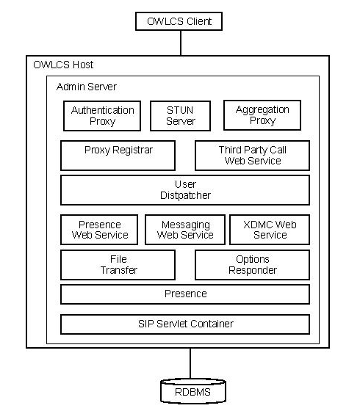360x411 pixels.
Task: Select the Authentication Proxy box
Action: point(103,116)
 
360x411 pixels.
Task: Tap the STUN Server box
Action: point(181,116)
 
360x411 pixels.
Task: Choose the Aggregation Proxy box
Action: point(262,116)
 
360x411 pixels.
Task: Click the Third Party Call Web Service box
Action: point(252,156)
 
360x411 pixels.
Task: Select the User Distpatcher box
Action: point(185,190)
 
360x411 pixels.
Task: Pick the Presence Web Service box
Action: point(100,230)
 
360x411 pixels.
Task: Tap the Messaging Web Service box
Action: point(185,230)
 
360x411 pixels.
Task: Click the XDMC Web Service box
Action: point(270,230)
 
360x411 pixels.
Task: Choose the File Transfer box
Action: point(118,265)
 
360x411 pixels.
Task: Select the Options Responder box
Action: point(252,265)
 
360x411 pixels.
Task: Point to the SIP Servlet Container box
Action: point(185,324)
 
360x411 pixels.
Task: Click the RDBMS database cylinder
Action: point(192,391)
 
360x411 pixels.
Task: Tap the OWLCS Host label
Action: point(64,65)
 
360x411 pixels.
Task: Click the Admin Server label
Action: point(86,87)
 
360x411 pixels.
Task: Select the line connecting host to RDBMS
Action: point(191,363)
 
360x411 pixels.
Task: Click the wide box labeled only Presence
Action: point(185,294)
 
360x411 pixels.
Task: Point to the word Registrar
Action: point(134,150)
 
